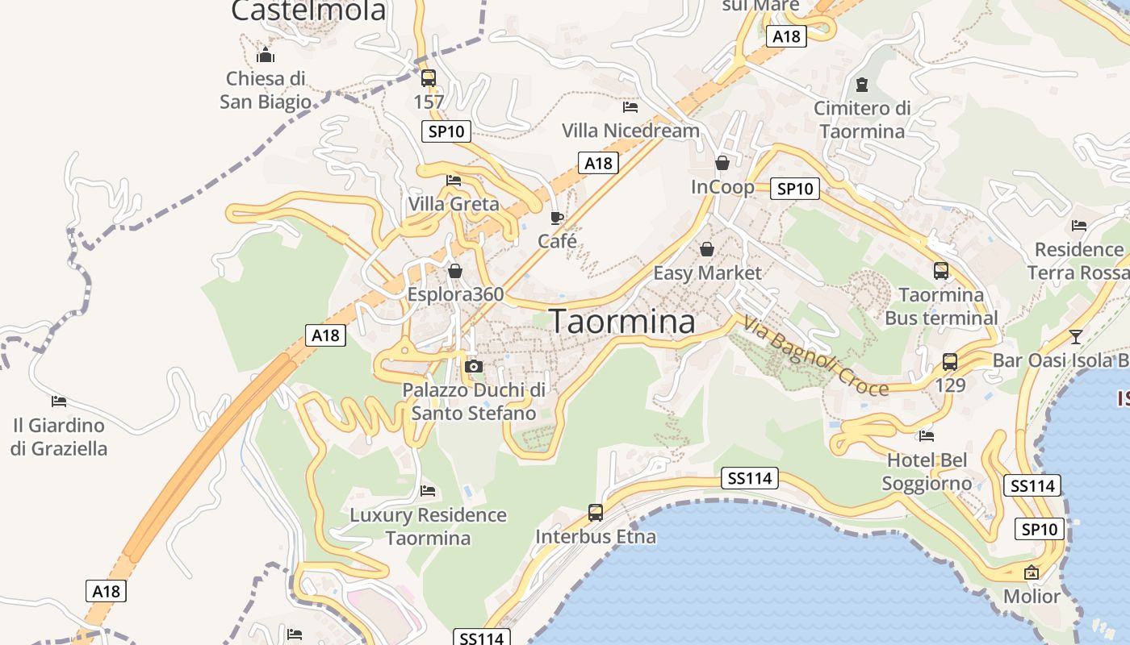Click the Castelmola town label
[308, 10]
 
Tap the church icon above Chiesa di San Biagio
[266, 56]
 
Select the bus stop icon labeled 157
[429, 78]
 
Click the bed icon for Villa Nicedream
[630, 106]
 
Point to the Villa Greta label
[454, 204]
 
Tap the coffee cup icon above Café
[557, 218]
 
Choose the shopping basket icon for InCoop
[722, 163]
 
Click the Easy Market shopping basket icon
[707, 249]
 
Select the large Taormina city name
[622, 322]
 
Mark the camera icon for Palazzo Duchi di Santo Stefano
[474, 367]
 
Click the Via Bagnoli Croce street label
[815, 356]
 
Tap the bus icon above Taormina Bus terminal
[941, 271]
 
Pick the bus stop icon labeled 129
[950, 362]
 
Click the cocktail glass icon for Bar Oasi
[1075, 336]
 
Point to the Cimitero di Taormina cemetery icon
[862, 84]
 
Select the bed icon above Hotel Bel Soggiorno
[927, 436]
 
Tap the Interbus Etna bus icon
[596, 512]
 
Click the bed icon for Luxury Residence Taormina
[428, 490]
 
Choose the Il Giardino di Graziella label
[59, 436]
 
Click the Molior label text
[1032, 597]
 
